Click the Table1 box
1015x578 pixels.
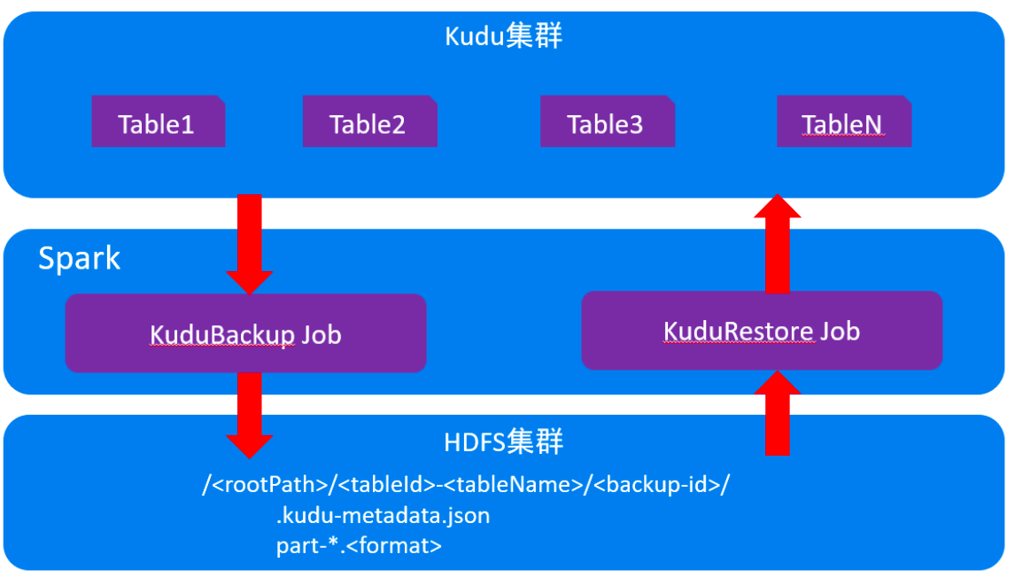click(158, 122)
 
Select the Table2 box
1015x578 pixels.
click(368, 122)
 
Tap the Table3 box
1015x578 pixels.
click(607, 122)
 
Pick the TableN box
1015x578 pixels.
click(843, 122)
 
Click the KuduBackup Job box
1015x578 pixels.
click(245, 334)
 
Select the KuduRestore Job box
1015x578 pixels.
click(761, 331)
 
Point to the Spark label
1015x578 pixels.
click(80, 259)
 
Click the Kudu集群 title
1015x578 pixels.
click(503, 36)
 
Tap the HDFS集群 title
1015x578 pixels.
click(503, 441)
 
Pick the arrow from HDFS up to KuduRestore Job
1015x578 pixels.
click(777, 412)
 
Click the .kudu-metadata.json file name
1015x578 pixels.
click(383, 515)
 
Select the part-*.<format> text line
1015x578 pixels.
click(359, 544)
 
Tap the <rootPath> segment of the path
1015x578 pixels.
click(269, 486)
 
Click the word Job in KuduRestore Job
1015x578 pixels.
click(840, 331)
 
